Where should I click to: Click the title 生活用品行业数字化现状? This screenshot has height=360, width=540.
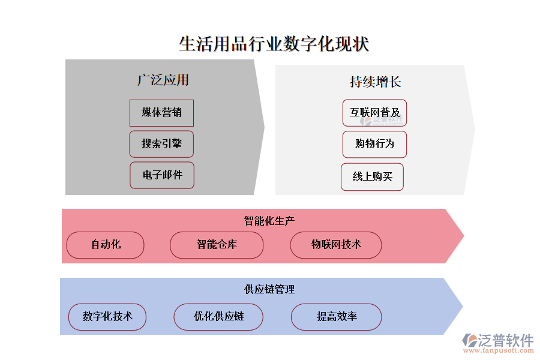[274, 44]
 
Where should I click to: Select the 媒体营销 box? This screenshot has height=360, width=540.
[161, 113]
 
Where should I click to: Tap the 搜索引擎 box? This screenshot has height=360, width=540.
[161, 144]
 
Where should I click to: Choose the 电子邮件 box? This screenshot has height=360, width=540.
[162, 175]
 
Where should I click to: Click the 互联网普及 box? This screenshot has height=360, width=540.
[375, 113]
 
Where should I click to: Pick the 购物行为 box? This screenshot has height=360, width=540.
[374, 145]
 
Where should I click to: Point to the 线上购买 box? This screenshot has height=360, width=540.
[372, 177]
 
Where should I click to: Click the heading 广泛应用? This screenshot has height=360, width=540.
[163, 80]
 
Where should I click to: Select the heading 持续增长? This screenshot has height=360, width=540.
[375, 82]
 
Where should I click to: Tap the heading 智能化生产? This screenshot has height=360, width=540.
[269, 221]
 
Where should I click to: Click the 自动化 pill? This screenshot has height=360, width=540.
[106, 245]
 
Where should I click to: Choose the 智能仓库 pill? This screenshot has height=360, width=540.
[217, 245]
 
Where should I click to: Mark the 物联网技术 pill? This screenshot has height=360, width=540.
[336, 245]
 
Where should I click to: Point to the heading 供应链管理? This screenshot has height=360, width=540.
[269, 289]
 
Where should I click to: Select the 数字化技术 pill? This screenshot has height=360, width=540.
[107, 317]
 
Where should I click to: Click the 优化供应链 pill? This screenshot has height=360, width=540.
[218, 317]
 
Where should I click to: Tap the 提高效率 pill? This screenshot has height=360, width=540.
[337, 317]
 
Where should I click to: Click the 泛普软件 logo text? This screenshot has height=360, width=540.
[505, 340]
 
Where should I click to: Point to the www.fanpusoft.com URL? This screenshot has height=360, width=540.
[501, 352]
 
